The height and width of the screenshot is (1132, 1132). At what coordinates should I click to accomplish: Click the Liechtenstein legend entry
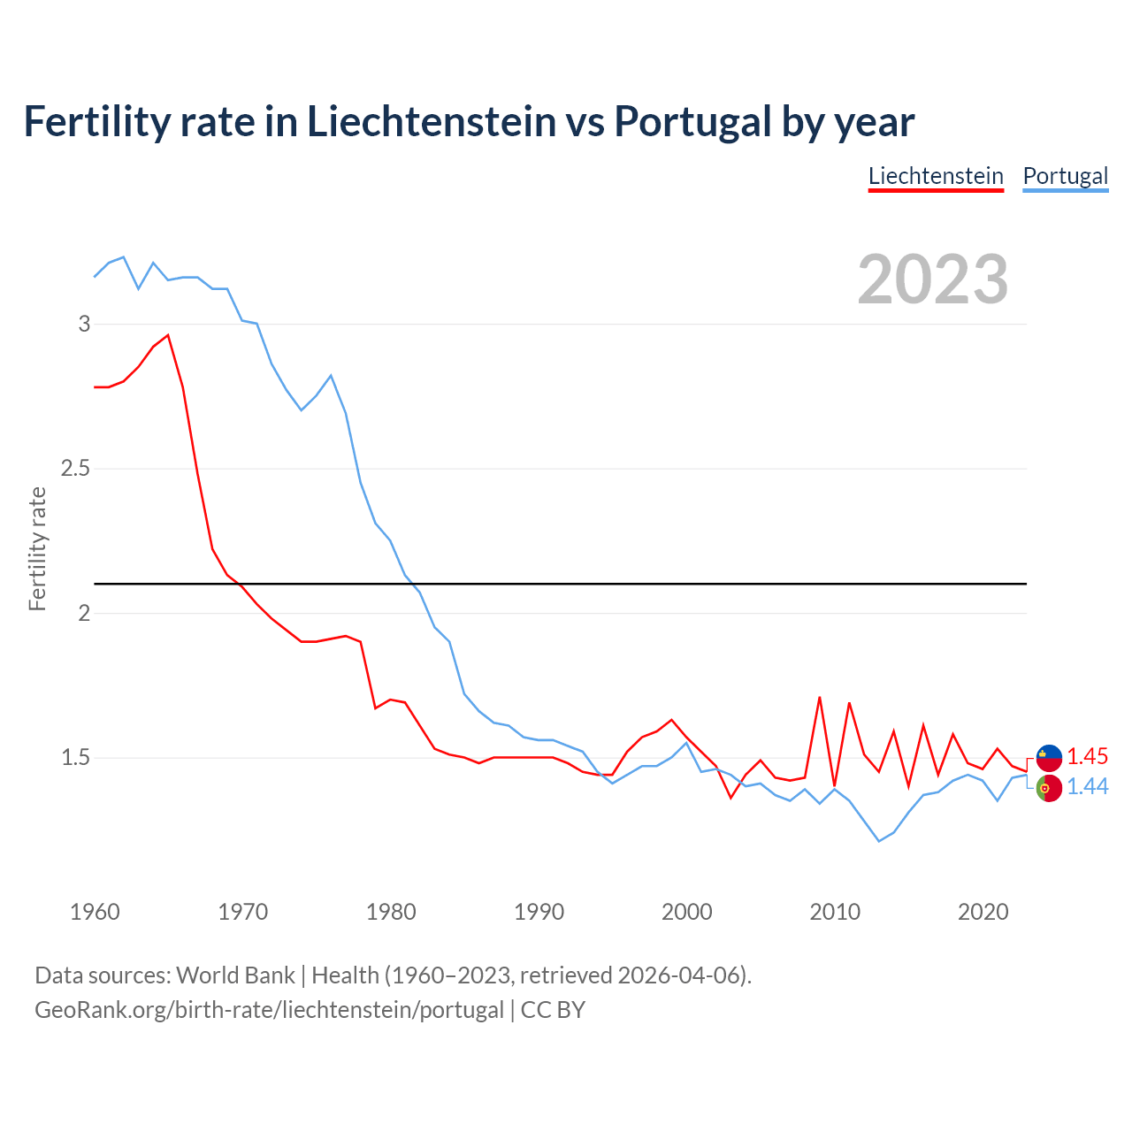(x=936, y=176)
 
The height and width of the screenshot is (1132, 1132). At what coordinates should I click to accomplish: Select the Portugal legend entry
(x=1065, y=176)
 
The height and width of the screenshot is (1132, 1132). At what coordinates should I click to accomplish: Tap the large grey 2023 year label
(x=933, y=279)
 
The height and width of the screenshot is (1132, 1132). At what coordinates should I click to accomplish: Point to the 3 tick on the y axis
(x=85, y=324)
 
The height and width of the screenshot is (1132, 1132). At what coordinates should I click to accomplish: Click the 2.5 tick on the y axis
(x=76, y=468)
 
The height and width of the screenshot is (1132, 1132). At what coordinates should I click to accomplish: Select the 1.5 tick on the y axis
(x=76, y=757)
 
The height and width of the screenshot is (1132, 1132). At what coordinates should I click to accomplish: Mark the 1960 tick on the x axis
(x=95, y=912)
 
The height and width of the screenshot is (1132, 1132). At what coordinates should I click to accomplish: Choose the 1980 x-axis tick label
(x=391, y=912)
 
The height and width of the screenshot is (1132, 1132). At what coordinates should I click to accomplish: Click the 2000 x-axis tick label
(x=687, y=912)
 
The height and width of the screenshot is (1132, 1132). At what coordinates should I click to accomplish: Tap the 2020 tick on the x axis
(x=983, y=912)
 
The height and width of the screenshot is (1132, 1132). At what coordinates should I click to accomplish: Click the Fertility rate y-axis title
(x=37, y=548)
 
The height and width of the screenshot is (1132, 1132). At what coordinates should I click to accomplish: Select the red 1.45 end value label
(x=1087, y=756)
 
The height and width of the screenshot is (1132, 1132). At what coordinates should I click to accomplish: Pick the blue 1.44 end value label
(x=1087, y=786)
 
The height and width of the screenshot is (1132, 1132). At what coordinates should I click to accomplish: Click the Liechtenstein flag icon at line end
(x=1049, y=757)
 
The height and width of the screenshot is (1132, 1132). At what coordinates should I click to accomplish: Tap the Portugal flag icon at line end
(x=1049, y=787)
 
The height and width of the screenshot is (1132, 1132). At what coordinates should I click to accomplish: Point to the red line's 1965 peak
(x=168, y=335)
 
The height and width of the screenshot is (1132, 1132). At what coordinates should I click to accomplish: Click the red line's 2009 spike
(x=820, y=697)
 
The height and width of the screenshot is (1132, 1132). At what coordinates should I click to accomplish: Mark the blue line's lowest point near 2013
(x=879, y=841)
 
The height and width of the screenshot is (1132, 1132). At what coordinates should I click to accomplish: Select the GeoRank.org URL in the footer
(x=269, y=1010)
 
